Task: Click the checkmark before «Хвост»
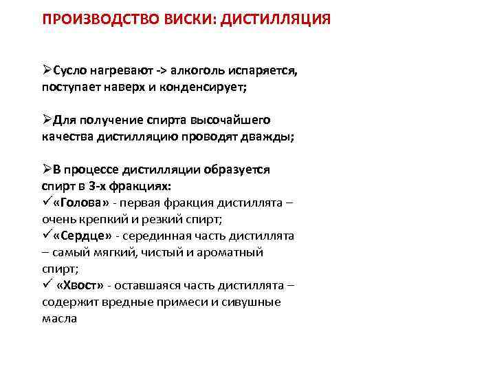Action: pos(46,285)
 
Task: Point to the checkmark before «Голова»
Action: pos(46,202)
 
